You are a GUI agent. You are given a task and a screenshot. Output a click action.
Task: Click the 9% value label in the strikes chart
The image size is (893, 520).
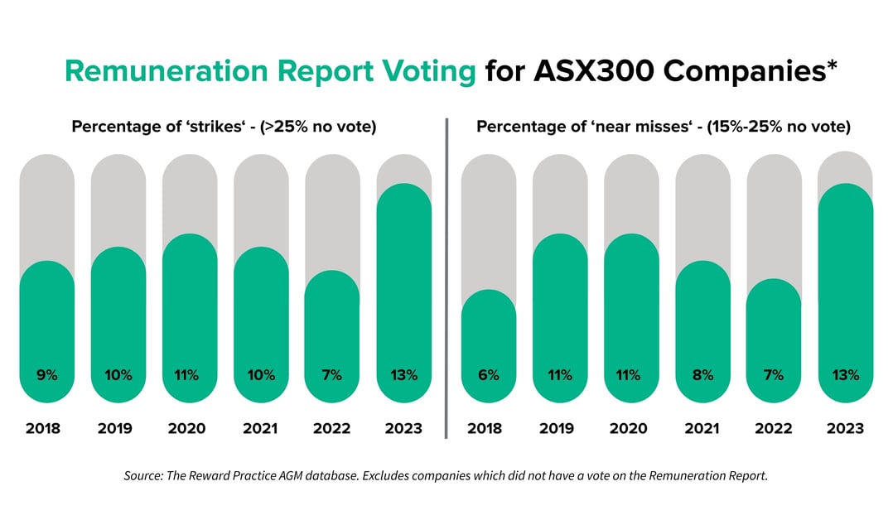(47, 375)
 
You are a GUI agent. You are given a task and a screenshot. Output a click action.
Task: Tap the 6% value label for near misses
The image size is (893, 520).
(489, 375)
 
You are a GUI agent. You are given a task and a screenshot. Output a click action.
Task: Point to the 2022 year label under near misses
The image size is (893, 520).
(774, 428)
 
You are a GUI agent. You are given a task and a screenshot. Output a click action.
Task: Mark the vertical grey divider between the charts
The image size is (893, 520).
(446, 278)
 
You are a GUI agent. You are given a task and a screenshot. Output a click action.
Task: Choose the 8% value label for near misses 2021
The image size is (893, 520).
(702, 375)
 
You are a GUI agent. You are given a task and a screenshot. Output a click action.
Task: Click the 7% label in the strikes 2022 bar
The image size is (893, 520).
(332, 375)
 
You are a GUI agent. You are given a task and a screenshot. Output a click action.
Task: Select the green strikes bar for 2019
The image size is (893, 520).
(118, 323)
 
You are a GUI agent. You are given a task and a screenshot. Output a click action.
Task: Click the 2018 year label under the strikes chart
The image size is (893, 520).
(47, 428)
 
